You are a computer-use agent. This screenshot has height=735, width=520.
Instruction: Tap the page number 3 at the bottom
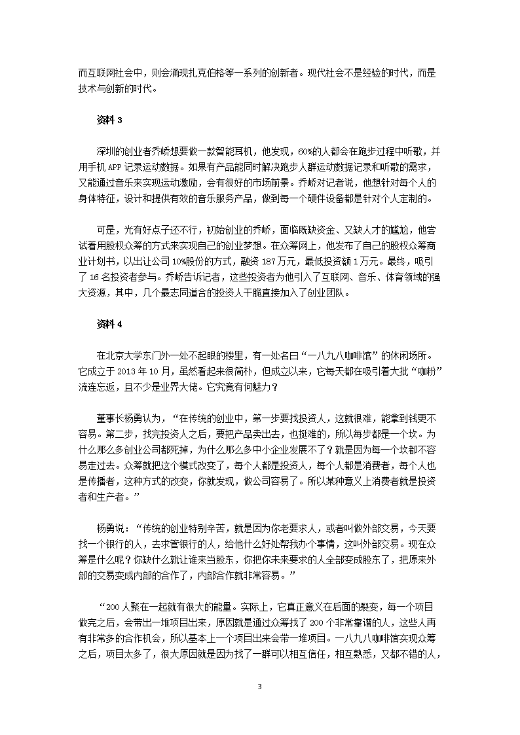pyautogui.click(x=260, y=687)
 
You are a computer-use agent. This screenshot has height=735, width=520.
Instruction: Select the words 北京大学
pyautogui.click(x=134, y=355)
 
